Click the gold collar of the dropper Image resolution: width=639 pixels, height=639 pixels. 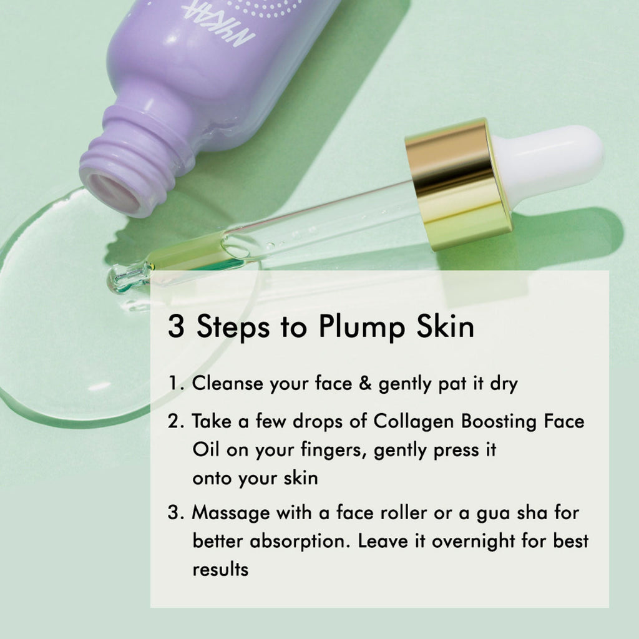coord(459,184)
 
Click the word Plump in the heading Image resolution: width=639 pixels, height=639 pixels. coord(361,327)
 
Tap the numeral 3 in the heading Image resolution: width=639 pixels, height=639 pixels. coord(176,326)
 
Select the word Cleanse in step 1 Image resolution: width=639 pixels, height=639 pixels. coord(227,383)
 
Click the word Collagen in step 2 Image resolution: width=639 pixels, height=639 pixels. coord(413,422)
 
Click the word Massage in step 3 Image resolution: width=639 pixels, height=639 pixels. coord(231,514)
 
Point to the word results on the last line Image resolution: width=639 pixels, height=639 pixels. coord(220,570)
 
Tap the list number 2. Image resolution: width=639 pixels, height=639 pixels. coord(176,421)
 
